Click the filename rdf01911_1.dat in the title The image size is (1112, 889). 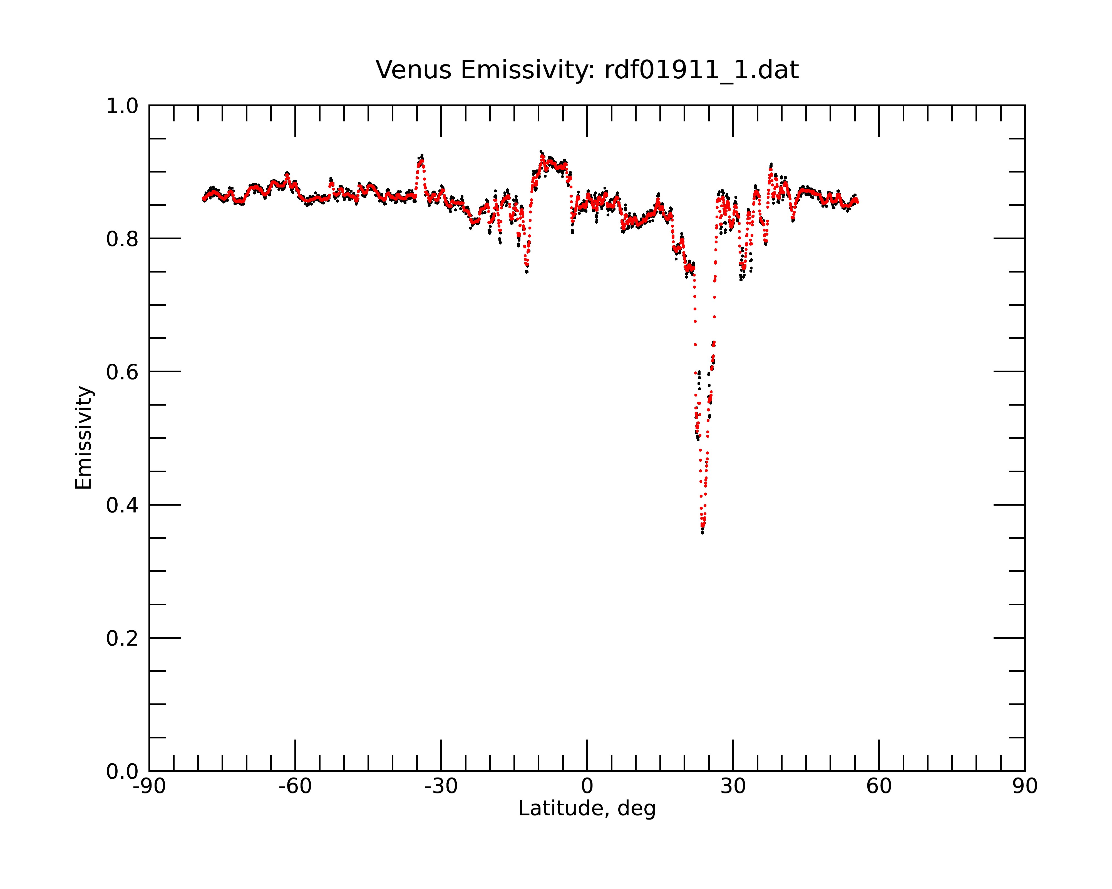(x=701, y=70)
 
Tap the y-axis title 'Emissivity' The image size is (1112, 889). (x=84, y=438)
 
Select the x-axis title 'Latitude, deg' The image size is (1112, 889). (x=587, y=809)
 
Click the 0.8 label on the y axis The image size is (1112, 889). (x=122, y=239)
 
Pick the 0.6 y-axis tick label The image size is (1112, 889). (x=122, y=372)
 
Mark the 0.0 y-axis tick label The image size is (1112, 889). (x=122, y=771)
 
